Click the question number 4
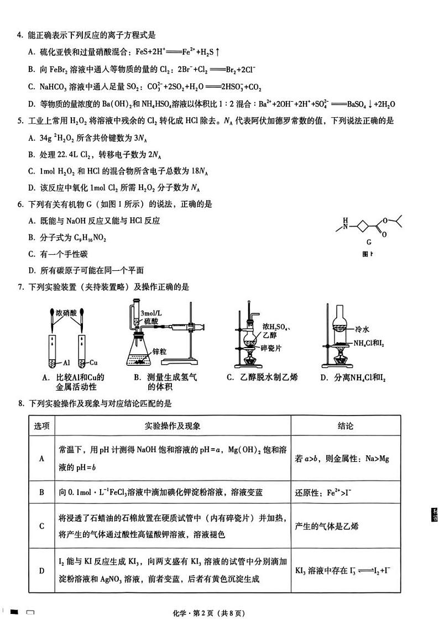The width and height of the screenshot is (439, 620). [x=20, y=36]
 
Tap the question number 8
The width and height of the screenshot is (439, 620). [x=20, y=403]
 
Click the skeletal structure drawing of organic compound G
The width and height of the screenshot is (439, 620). [x=368, y=225]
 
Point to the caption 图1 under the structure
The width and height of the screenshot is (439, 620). [x=367, y=254]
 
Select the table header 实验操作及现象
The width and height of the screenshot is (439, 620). [x=173, y=426]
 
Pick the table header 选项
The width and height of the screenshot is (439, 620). [x=41, y=426]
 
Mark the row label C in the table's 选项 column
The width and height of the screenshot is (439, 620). [x=41, y=526]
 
